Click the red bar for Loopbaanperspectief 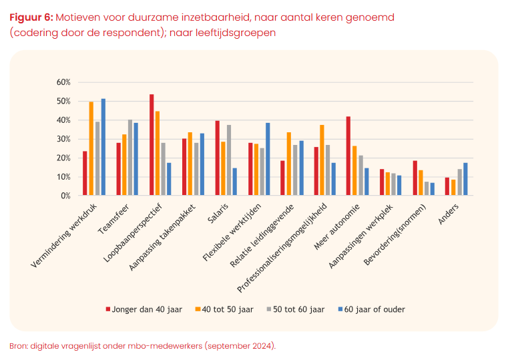pos(152,145)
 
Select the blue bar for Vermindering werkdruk pos(103,147)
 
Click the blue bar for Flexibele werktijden pos(268,159)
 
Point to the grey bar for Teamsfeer pos(130,158)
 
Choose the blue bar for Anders pos(465,179)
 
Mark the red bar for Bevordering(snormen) pos(415,178)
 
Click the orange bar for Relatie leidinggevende pos(289,164)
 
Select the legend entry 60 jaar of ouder pos(372,309)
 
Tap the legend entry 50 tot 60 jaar pos(296,309)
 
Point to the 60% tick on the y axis pos(63,82)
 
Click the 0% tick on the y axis pos(65,196)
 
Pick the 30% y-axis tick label pos(63,139)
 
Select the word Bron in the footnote pos(19,346)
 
